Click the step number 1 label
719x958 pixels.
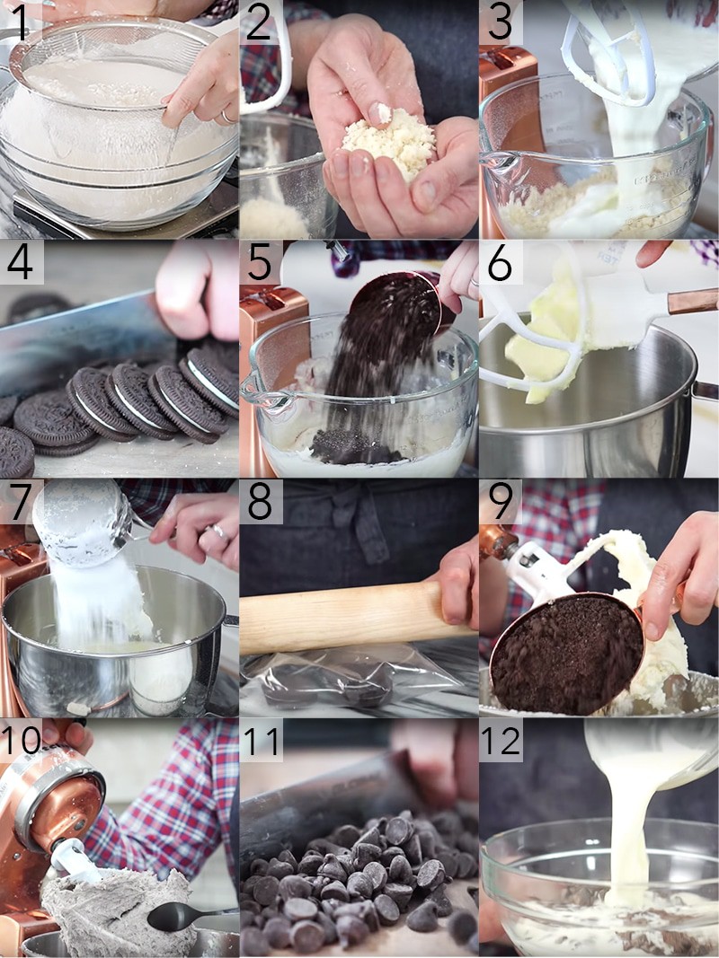[20, 22]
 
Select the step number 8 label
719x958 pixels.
[259, 501]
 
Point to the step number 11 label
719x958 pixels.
[261, 741]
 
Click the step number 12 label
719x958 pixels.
[500, 741]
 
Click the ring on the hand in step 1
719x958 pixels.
[226, 116]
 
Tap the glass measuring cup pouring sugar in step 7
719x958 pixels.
[83, 523]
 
